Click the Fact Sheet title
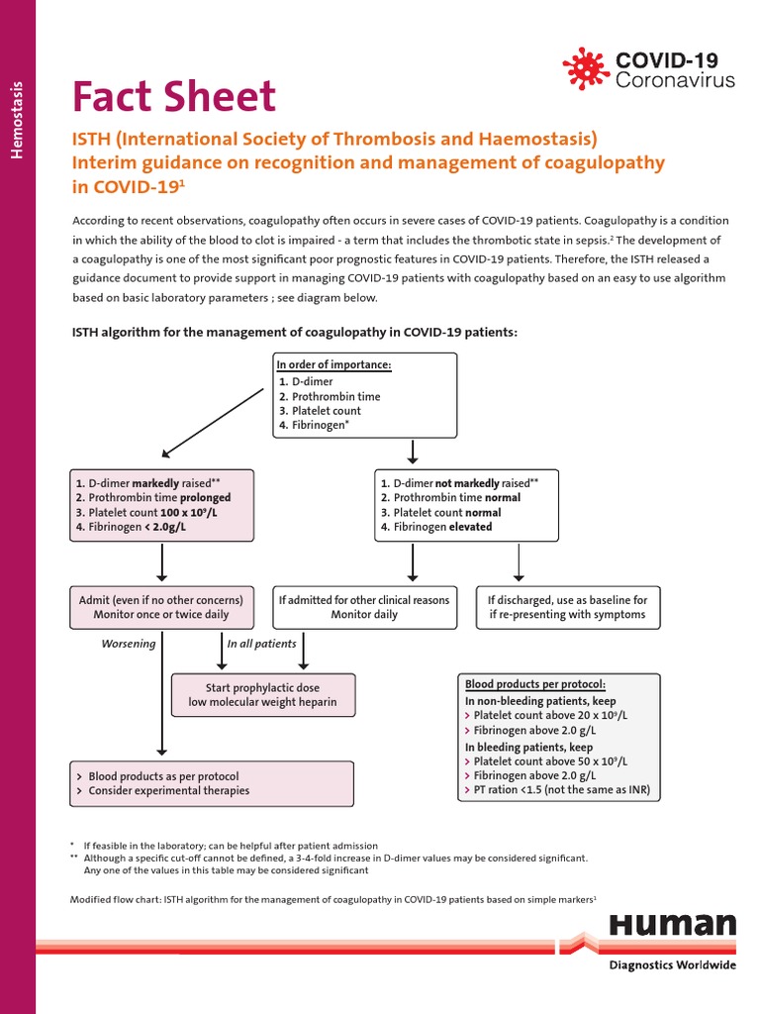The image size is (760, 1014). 174,97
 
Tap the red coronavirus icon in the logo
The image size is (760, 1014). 586,67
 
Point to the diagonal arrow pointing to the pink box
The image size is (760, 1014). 207,420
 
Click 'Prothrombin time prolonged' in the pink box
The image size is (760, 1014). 153,498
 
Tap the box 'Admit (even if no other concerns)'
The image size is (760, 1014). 161,607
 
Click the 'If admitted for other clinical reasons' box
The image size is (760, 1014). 364,607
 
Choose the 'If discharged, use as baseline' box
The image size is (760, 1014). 567,607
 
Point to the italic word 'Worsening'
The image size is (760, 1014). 129,644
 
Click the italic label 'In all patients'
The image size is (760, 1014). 261,644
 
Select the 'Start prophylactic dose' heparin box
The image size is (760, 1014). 263,695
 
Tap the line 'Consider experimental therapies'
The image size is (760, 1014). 168,790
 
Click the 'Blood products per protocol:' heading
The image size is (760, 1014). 535,685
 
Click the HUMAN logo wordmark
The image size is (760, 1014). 672,926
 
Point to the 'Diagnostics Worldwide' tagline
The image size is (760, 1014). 672,965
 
